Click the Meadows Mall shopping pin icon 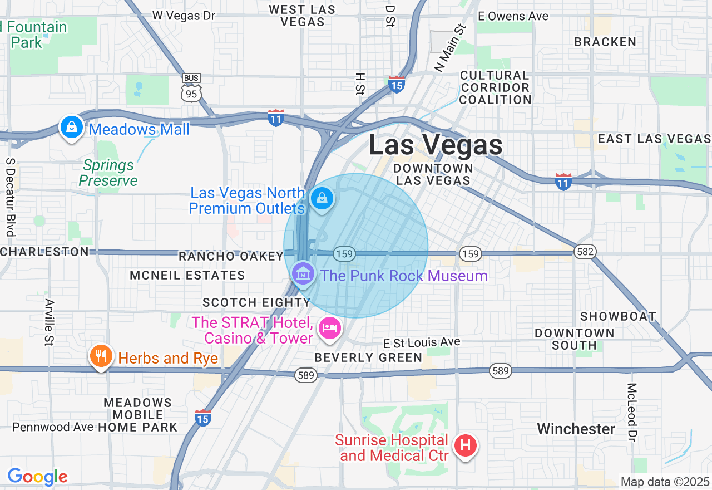(x=71, y=128)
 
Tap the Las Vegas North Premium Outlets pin (x=322, y=198)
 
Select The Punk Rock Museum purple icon (x=303, y=273)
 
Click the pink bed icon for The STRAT (x=329, y=327)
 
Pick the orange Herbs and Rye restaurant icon (x=101, y=356)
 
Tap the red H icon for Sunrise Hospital (x=466, y=445)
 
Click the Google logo (x=37, y=477)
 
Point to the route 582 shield (x=586, y=252)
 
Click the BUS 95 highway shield (x=191, y=91)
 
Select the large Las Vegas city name (x=436, y=145)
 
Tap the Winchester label (x=576, y=429)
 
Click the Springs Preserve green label (x=108, y=173)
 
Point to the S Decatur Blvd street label (x=10, y=197)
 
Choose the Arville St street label (x=50, y=322)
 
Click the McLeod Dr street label (x=632, y=411)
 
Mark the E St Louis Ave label (x=422, y=341)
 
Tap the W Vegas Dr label (x=184, y=16)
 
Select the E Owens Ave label (x=513, y=16)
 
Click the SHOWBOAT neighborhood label (x=618, y=316)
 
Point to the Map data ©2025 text (x=665, y=482)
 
